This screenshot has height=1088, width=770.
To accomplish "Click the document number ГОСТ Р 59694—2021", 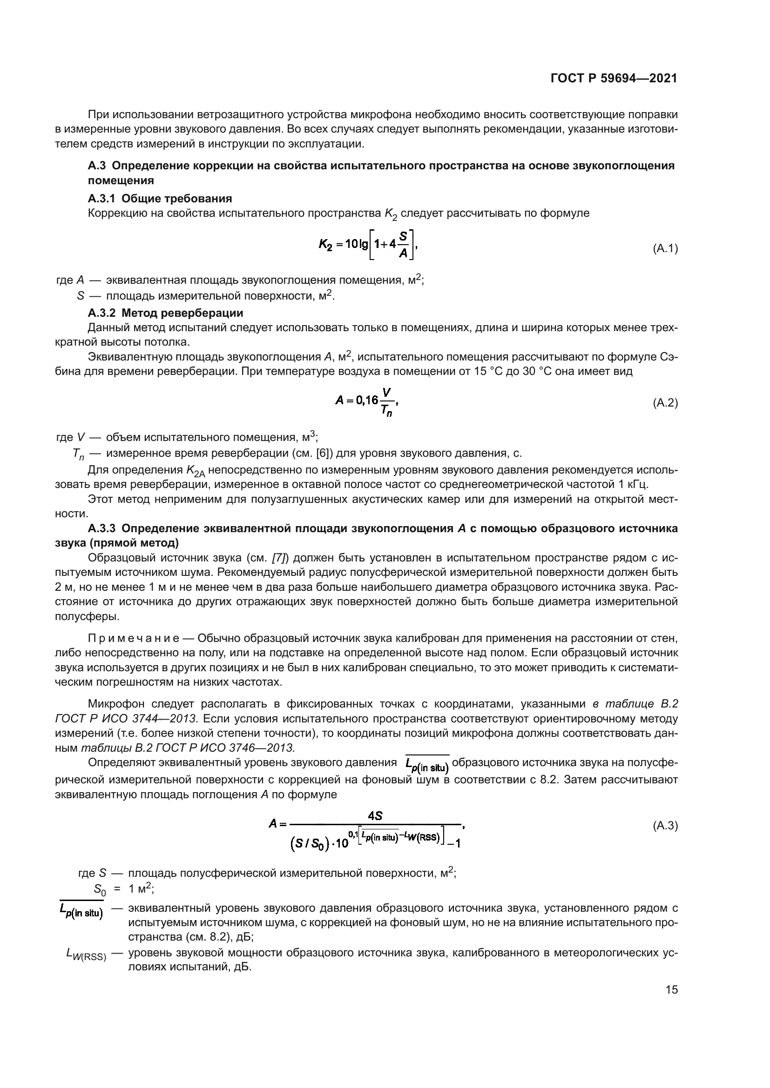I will (x=614, y=78).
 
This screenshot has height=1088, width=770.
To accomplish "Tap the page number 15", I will (x=671, y=989).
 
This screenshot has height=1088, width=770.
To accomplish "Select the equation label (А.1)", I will (x=665, y=249).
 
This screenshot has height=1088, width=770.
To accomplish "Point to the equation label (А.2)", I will (x=665, y=403).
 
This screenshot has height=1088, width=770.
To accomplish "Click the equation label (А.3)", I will (x=665, y=826).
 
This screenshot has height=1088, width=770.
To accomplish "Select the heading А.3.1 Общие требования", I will (x=160, y=198).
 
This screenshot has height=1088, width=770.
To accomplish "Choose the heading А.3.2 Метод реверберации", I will (x=165, y=313).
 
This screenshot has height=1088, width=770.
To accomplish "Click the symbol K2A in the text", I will (x=196, y=471).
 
